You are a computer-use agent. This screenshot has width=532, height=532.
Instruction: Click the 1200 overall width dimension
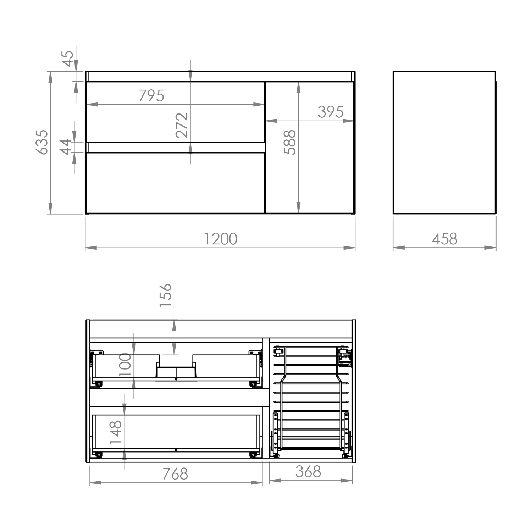[221, 239]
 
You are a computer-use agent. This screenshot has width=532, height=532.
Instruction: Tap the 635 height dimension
[42, 142]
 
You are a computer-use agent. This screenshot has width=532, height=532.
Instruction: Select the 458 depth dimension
[445, 239]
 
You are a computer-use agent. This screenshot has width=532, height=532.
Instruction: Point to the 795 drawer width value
[151, 96]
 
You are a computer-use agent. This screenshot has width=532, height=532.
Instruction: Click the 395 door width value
[331, 112]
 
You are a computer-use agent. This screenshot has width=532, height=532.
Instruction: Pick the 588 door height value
[290, 142]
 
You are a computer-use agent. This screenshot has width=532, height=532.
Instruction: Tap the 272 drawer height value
[182, 125]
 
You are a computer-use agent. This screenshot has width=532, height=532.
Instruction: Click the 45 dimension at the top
[68, 59]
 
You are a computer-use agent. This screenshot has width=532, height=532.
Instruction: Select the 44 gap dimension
[66, 147]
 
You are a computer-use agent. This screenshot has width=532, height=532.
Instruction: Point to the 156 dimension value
[165, 295]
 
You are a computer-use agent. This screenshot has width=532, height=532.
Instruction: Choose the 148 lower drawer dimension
[116, 432]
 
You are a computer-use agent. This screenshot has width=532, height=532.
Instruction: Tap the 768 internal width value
[175, 474]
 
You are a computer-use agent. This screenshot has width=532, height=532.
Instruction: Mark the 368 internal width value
[308, 472]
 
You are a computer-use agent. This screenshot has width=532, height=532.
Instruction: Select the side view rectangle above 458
[444, 143]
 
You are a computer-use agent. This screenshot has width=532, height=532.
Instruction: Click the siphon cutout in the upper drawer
[176, 370]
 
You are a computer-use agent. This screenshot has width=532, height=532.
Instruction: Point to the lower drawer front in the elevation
[175, 183]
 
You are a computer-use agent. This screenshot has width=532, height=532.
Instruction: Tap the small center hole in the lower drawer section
[176, 450]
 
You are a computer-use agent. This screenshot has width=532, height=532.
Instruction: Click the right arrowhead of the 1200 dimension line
[349, 248]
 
